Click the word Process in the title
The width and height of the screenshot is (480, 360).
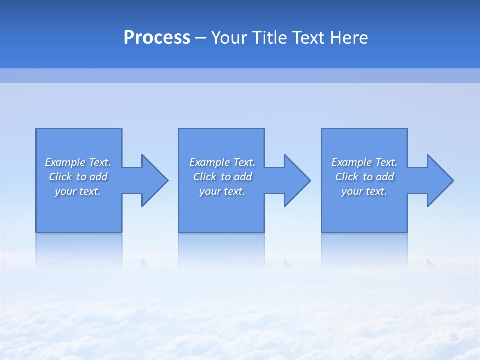pos(157,38)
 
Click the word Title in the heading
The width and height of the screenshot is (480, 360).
pos(269,38)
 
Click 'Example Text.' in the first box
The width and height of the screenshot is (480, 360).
pos(78,162)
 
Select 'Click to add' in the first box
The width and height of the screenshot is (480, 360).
pos(78,177)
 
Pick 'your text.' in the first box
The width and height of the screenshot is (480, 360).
pos(78,191)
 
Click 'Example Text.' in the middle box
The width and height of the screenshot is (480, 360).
pos(222,162)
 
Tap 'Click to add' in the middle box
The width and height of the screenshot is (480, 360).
pos(222,177)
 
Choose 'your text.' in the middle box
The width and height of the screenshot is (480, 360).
pos(222,191)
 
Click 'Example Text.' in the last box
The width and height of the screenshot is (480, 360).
pos(364,162)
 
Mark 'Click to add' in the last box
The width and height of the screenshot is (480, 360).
pos(364,177)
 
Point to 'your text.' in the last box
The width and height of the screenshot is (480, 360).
pos(364,191)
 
